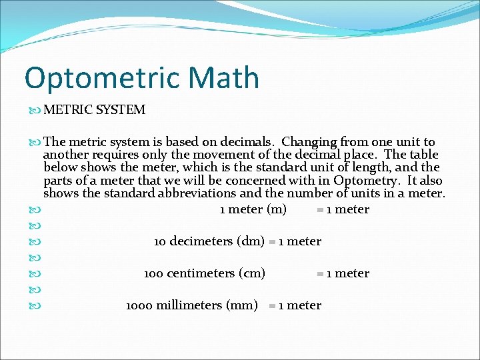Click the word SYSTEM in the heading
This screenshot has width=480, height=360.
pos(121,110)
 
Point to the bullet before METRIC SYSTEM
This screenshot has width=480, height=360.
pos(35,110)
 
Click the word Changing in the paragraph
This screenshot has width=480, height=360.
pos(309,142)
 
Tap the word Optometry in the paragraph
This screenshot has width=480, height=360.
pos(367,181)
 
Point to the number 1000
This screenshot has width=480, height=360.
pos(138,305)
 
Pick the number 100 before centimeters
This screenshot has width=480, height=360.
pos(153,273)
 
